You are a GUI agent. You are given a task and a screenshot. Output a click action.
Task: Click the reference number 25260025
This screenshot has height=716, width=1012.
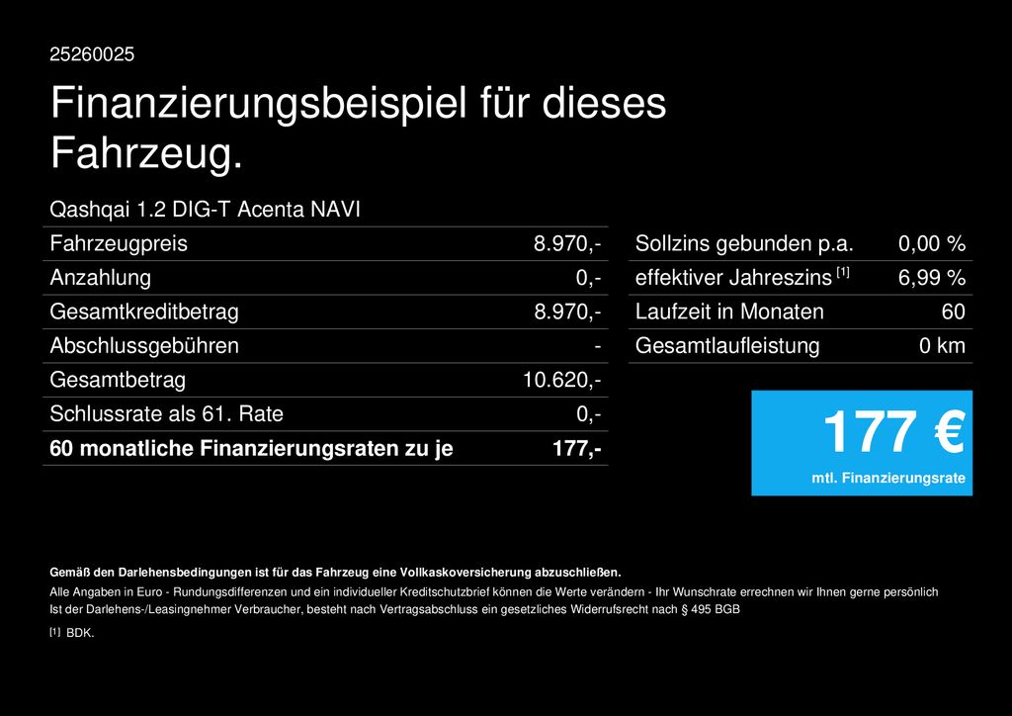[x=92, y=54]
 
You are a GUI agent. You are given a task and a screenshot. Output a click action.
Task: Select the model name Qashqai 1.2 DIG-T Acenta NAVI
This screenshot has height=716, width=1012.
[x=205, y=210]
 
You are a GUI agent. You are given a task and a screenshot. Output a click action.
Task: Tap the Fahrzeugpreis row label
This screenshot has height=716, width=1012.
[x=119, y=243]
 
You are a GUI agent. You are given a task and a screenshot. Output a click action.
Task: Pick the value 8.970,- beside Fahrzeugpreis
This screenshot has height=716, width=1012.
[x=567, y=243]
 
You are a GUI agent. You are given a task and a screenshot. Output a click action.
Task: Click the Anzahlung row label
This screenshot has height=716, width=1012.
[x=100, y=277]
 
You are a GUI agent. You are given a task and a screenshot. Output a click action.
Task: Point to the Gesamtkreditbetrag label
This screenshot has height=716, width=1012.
[x=144, y=312]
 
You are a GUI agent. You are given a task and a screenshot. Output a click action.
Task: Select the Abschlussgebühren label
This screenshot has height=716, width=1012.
[x=144, y=346]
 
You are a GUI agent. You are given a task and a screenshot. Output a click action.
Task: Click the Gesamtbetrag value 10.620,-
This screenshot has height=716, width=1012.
[x=561, y=380]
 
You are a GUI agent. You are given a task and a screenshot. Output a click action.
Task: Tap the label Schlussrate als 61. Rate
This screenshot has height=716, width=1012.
[x=166, y=414]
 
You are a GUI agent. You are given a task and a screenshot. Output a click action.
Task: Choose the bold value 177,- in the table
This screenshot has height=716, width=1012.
[x=578, y=449]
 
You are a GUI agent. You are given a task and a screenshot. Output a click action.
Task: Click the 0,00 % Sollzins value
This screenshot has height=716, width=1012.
[x=931, y=243]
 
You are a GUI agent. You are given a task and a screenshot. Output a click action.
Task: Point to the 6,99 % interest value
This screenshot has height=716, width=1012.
[x=931, y=278]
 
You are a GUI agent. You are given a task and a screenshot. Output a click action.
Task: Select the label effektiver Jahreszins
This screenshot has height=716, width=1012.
[x=733, y=278]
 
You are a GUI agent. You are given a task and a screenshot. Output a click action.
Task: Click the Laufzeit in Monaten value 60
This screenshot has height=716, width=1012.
[x=953, y=312]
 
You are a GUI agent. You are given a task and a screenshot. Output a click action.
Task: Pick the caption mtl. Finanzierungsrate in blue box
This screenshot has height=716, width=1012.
[x=888, y=479]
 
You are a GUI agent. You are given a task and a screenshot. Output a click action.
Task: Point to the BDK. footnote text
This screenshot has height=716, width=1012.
[x=80, y=633]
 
